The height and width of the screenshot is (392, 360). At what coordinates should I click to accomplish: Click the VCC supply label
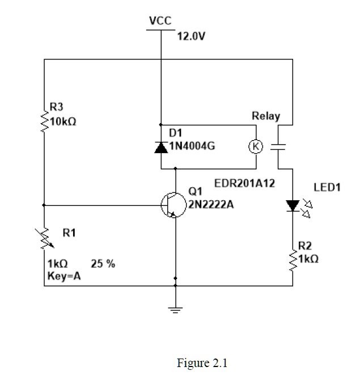[161, 21]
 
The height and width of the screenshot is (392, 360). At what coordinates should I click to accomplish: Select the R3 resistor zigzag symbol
[44, 120]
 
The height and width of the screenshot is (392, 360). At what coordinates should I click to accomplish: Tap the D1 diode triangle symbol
[161, 147]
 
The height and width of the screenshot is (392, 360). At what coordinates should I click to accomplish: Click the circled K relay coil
[256, 146]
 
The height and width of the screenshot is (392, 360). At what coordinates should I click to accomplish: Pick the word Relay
[266, 116]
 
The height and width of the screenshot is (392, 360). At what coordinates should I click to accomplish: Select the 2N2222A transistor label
[211, 204]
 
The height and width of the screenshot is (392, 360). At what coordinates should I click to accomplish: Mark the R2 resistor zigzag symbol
[293, 259]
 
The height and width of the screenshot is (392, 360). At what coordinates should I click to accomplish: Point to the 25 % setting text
[103, 264]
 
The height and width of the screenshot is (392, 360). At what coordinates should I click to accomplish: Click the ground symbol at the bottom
[175, 309]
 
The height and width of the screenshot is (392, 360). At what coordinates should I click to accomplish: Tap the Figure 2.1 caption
[202, 363]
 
